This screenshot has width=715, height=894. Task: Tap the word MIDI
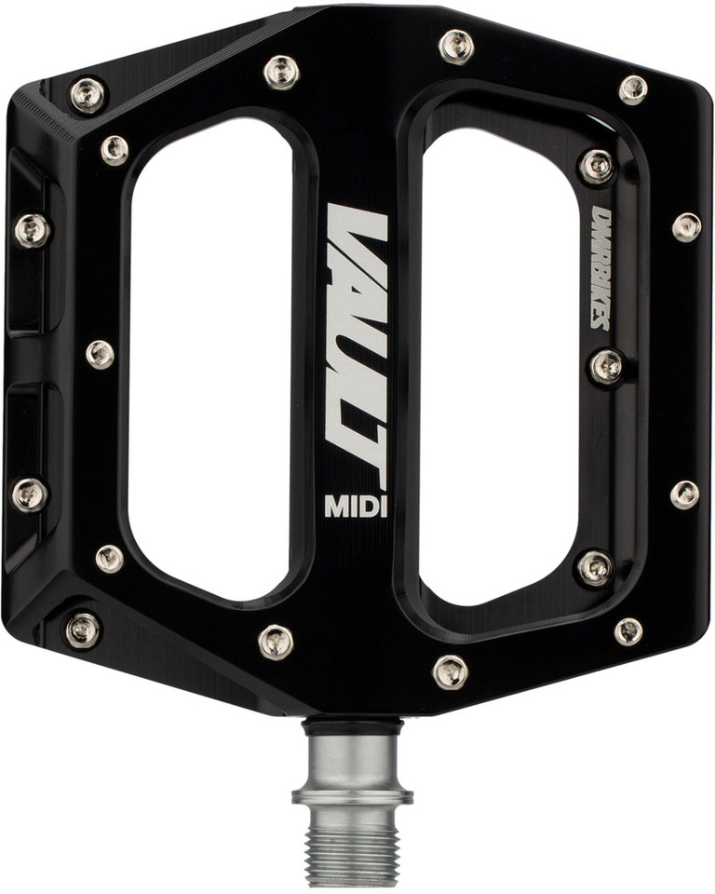[x=356, y=506]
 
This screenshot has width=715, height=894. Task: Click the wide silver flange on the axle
[x=353, y=796]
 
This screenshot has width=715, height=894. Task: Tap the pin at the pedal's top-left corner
[x=87, y=93]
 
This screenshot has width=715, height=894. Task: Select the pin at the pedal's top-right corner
[x=633, y=88]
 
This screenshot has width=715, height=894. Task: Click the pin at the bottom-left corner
[x=83, y=630]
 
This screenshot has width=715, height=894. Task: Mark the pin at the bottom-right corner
[x=628, y=630]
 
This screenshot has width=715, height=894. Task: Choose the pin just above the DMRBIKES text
[x=597, y=166]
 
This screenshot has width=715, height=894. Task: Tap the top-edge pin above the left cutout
[x=280, y=70]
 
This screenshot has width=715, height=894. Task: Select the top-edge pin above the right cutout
[x=456, y=46]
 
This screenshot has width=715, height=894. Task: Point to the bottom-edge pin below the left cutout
[x=276, y=641]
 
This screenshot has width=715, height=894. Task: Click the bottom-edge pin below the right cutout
[x=450, y=670]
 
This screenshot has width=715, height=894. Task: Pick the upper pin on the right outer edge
[x=687, y=226]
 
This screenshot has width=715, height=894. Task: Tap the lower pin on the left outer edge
[x=30, y=494]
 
